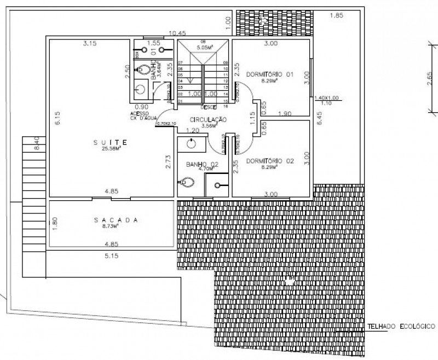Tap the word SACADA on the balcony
114,220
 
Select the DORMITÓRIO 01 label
270,74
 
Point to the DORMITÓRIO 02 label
270,161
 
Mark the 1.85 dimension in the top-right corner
336,16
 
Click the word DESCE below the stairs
209,107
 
